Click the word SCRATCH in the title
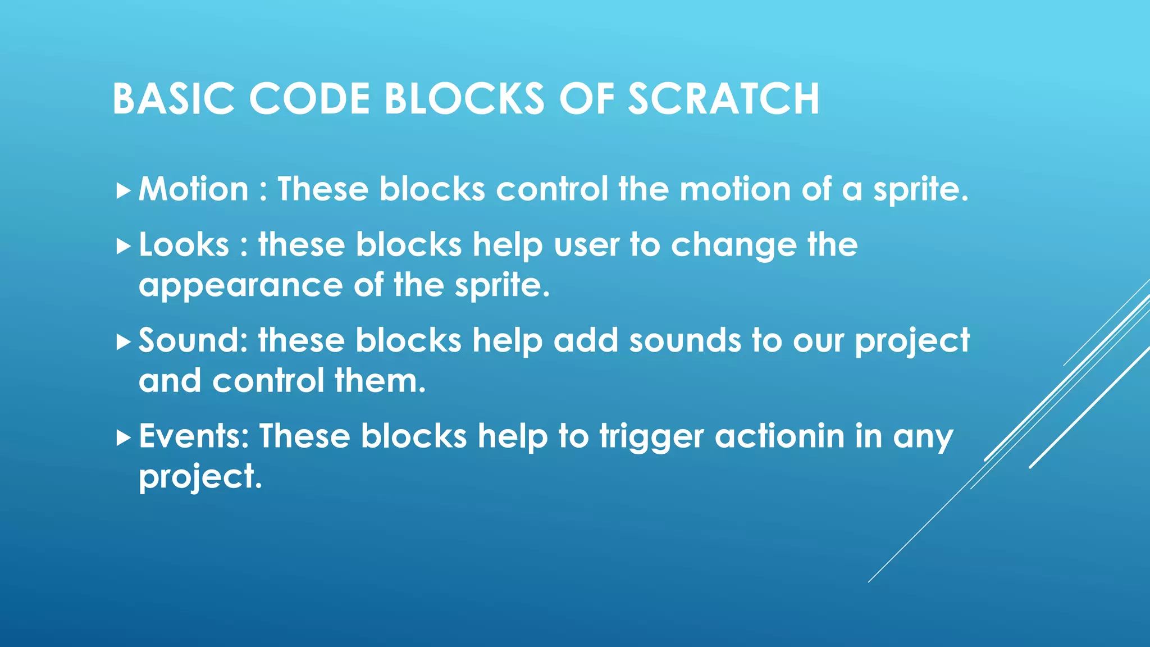click(x=723, y=99)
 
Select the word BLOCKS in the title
click(x=464, y=99)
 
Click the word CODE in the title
click(x=309, y=99)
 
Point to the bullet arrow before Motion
click(x=123, y=191)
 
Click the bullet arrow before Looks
click(x=123, y=247)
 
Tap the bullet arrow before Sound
click(x=123, y=342)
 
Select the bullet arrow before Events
click(x=123, y=438)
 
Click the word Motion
click(x=193, y=189)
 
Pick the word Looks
click(x=184, y=245)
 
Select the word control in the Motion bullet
click(x=551, y=189)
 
